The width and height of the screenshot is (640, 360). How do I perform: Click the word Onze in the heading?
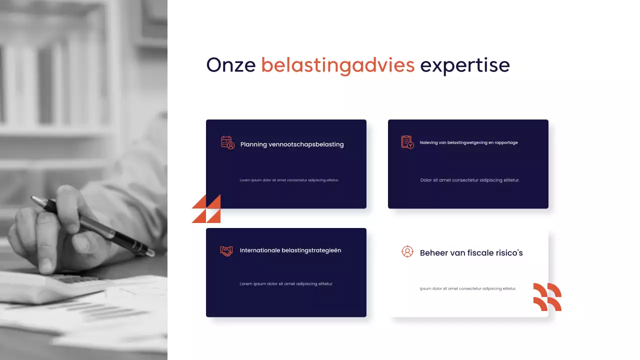(230, 65)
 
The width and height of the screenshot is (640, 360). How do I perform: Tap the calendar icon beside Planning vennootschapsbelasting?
(227, 142)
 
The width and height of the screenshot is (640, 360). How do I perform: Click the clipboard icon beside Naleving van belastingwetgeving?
(407, 142)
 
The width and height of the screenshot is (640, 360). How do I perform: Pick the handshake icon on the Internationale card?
(226, 251)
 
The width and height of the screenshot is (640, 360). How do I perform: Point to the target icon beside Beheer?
(407, 251)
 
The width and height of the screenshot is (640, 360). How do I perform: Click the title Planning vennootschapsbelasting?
(292, 144)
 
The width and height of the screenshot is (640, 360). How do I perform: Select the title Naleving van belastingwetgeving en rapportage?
(468, 142)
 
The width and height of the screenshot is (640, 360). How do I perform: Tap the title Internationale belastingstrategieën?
(290, 250)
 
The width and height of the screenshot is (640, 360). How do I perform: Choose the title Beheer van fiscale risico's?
(471, 253)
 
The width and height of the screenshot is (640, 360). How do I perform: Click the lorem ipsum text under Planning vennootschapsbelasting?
(289, 180)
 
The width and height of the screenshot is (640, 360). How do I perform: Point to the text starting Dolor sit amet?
(470, 180)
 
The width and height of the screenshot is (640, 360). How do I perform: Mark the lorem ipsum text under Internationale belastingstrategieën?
(286, 284)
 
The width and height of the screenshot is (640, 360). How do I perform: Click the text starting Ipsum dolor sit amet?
(467, 288)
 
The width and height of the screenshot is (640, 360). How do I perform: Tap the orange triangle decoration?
(206, 208)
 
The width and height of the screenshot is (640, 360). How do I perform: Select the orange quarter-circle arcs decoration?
(547, 296)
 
